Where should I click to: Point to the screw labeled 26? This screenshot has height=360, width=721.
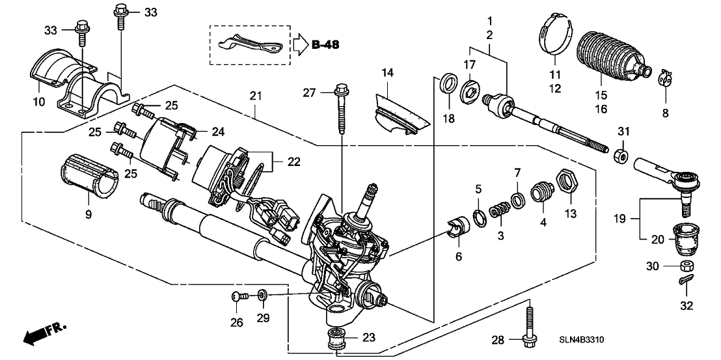238,298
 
